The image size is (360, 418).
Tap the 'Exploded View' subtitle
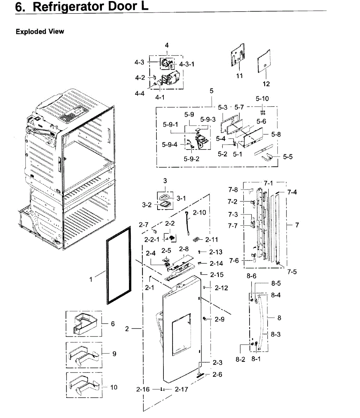(40, 32)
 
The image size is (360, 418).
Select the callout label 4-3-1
(187, 64)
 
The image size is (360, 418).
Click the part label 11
(239, 76)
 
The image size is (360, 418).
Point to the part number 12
(266, 84)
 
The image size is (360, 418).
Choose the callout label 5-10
(262, 99)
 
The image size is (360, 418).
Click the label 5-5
(288, 157)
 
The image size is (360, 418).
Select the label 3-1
(181, 199)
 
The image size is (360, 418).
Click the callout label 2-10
(199, 212)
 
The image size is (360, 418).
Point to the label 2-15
(217, 275)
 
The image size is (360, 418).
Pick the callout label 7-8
(233, 190)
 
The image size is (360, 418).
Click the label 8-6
(251, 276)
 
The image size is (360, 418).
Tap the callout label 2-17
(181, 389)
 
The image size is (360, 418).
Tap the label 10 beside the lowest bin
(114, 387)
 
